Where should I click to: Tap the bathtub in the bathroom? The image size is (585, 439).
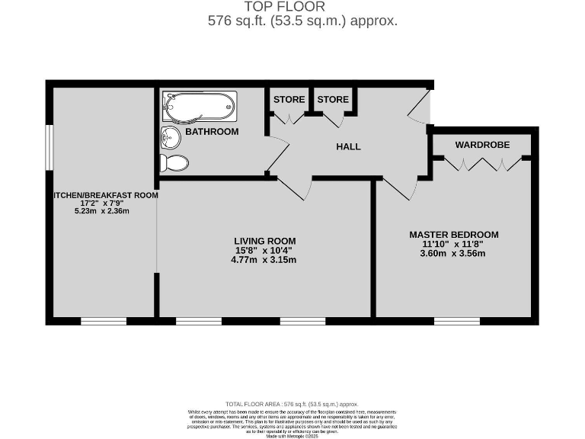tap(199, 107)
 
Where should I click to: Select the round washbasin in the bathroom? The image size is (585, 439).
tap(171, 138)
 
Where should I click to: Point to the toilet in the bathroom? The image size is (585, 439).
tap(174, 162)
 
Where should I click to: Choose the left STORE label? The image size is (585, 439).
tap(289, 100)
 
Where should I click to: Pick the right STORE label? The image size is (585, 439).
tap(333, 100)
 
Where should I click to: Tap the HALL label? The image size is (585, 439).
tap(349, 146)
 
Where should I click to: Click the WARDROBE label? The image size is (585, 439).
tap(482, 145)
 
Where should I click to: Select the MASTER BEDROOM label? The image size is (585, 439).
tap(453, 235)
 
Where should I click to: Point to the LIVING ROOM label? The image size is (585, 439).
tap(264, 241)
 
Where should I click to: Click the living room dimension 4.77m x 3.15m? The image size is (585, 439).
tap(264, 260)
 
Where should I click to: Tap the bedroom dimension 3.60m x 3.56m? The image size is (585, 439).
tap(453, 254)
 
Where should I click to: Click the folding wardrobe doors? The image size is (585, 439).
tap(484, 162)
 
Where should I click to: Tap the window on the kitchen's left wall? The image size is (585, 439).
tap(48, 147)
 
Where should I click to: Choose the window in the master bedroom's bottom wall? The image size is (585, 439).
tap(457, 321)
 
